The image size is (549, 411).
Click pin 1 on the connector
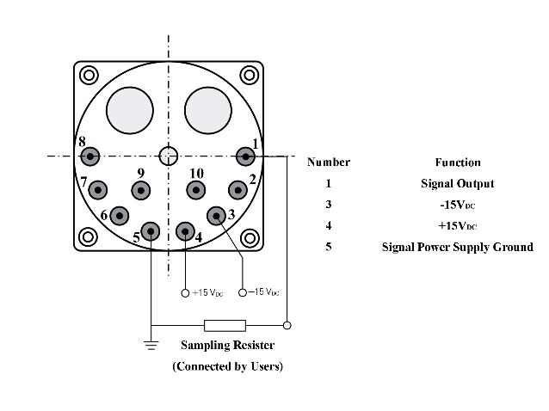pyautogui.click(x=246, y=156)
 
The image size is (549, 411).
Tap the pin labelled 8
pyautogui.click(x=89, y=156)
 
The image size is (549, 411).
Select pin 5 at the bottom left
pyautogui.click(x=151, y=230)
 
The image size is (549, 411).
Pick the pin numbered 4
pyautogui.click(x=185, y=230)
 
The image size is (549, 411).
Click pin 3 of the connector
pyautogui.click(x=216, y=216)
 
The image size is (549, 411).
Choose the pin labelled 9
pyautogui.click(x=140, y=189)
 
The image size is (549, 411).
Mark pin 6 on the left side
pyautogui.click(x=119, y=216)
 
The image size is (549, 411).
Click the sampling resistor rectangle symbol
pyautogui.click(x=225, y=325)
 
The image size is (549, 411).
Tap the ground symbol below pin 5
pyautogui.click(x=151, y=346)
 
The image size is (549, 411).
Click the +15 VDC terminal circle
pyautogui.click(x=185, y=293)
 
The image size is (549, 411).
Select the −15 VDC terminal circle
pyautogui.click(x=243, y=293)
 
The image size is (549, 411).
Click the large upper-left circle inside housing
pyautogui.click(x=128, y=110)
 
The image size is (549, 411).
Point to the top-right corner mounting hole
pyautogui.click(x=250, y=75)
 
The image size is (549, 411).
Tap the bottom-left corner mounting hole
pyautogui.click(x=89, y=236)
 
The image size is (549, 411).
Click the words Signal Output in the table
pyautogui.click(x=457, y=183)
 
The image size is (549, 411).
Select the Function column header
pyautogui.click(x=458, y=162)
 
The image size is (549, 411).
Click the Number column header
pyautogui.click(x=329, y=162)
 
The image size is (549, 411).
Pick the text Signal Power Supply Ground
pyautogui.click(x=457, y=247)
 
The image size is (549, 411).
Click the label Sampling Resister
pyautogui.click(x=227, y=346)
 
